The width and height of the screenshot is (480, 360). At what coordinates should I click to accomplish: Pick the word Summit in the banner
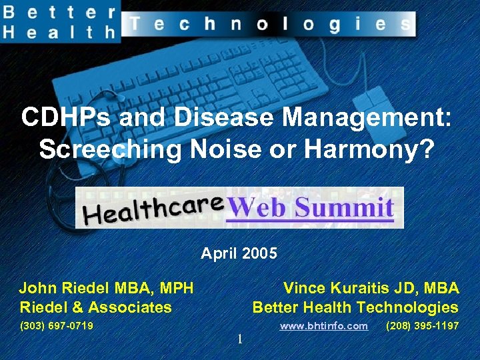coord(345,207)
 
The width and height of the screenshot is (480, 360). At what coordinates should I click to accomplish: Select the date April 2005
coord(239,253)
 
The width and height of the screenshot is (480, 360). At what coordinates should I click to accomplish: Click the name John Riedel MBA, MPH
coord(106,288)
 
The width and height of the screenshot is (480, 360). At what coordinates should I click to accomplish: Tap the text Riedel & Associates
coord(95,307)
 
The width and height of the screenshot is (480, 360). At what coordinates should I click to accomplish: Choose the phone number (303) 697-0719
coord(57,326)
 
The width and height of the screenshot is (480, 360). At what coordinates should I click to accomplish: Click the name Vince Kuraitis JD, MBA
coord(371,288)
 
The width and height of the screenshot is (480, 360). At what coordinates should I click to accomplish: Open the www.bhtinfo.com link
coord(323,326)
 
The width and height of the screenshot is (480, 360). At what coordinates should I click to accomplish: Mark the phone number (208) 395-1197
coord(422,326)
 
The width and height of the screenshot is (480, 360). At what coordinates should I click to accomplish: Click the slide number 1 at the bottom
coord(239,340)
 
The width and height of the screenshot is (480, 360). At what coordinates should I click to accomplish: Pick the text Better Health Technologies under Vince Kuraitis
coord(355,307)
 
